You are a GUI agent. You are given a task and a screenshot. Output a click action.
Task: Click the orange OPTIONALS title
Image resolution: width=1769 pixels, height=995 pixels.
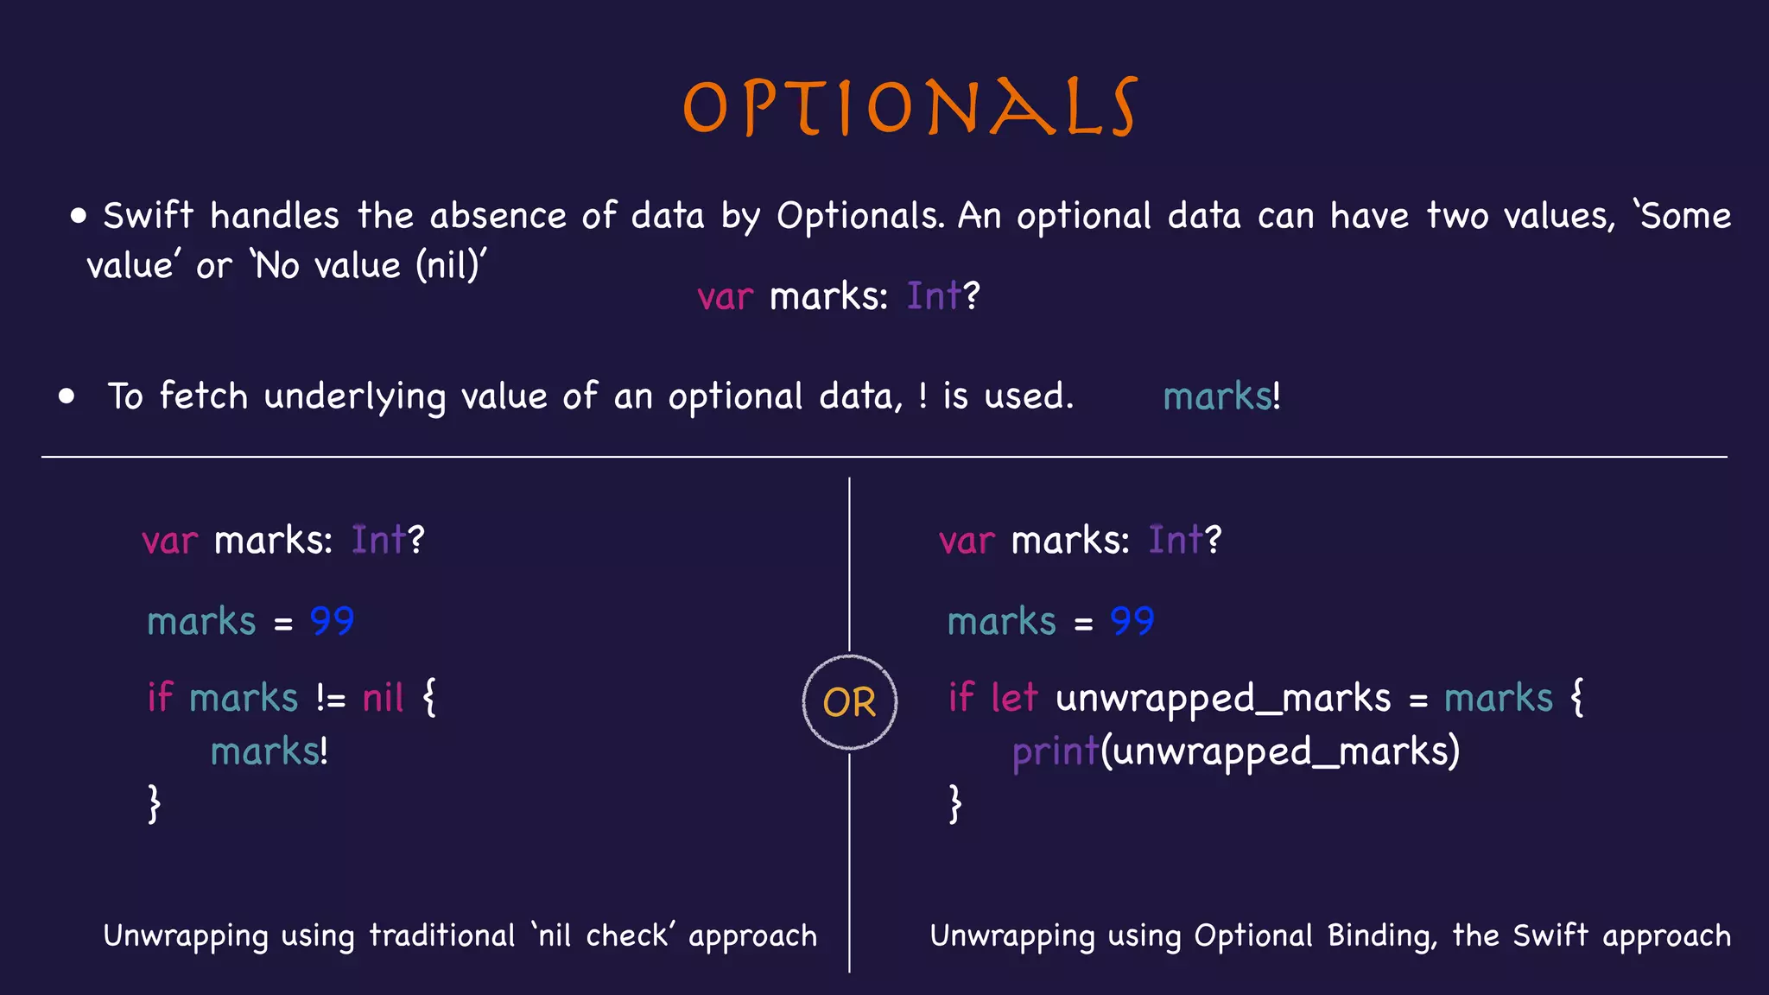[910, 107]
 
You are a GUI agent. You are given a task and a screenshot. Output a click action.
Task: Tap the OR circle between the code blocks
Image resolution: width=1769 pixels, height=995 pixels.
[849, 701]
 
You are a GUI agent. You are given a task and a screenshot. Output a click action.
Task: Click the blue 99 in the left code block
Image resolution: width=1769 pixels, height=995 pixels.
[332, 621]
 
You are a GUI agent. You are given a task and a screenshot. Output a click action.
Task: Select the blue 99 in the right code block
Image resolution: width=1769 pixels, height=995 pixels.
[1132, 621]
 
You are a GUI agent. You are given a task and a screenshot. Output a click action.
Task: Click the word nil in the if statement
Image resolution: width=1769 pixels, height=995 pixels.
[383, 698]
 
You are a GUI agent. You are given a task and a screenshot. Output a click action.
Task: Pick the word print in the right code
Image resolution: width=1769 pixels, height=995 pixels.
[1055, 751]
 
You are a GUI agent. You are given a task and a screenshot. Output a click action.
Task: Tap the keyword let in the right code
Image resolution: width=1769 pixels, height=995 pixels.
[1014, 698]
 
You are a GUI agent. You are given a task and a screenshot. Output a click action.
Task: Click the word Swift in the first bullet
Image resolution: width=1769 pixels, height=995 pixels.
[148, 216]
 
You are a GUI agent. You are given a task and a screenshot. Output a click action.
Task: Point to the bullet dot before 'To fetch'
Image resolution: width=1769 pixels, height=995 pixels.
[67, 396]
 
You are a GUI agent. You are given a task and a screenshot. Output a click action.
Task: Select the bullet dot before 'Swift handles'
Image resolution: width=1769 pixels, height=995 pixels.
[79, 216]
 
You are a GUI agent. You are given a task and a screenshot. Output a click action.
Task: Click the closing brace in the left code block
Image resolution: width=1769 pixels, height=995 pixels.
[154, 804]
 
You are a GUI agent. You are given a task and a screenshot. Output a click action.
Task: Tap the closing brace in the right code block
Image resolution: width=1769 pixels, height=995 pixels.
[954, 804]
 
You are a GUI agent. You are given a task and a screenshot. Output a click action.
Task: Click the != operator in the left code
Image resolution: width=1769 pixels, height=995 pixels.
[330, 698]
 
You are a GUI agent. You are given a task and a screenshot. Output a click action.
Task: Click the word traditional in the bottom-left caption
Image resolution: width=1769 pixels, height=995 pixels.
[441, 935]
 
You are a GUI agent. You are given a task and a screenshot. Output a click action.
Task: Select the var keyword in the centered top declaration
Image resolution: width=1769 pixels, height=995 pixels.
[725, 297]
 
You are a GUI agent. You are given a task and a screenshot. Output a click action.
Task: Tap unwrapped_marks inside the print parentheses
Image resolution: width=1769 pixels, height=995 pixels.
[1278, 751]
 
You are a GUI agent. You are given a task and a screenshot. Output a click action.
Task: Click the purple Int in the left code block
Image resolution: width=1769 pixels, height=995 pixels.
[378, 541]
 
